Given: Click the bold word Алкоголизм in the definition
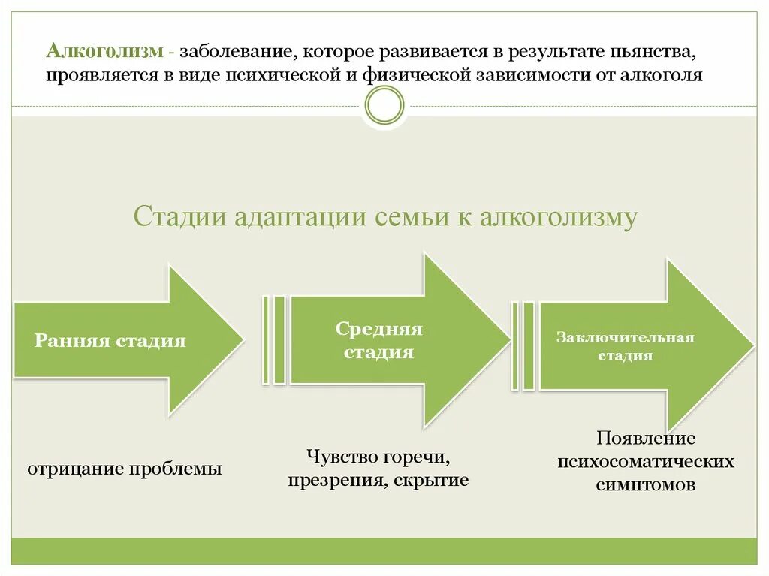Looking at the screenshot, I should click(x=104, y=52).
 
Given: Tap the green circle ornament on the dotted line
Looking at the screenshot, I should click(x=384, y=105).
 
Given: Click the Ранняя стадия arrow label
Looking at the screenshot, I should click(x=110, y=341).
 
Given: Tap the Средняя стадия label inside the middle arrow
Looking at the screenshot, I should click(x=378, y=340).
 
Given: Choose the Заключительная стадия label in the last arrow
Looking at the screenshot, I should click(x=625, y=346).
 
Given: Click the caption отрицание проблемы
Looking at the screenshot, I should click(x=125, y=469).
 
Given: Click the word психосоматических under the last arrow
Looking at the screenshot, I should click(x=646, y=460).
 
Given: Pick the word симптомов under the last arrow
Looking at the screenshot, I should click(x=646, y=484).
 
